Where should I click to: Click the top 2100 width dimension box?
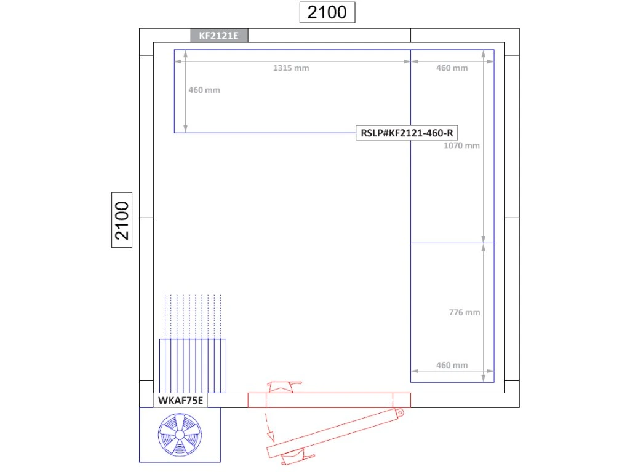coord(327,12)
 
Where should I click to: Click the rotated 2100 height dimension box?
coord(122,220)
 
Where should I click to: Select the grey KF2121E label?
coord(219,36)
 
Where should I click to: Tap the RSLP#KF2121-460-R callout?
coord(407,133)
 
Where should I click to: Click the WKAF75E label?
coord(180,401)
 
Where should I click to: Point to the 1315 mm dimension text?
coord(291,68)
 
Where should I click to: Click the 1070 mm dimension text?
coord(461,145)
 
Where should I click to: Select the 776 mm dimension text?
coord(465,312)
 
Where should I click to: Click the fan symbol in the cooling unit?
coord(180,435)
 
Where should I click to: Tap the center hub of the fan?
coord(180,435)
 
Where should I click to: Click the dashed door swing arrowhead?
coord(271,436)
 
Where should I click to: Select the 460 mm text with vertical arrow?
coord(204,90)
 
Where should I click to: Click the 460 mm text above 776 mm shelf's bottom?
coord(452,365)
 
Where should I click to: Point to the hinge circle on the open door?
coord(400,412)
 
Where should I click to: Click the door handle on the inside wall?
coord(284,387)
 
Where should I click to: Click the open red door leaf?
coord(335,433)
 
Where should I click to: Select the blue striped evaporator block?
coord(193,366)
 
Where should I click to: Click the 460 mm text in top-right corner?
coord(452,68)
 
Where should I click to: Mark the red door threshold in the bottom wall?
coord(329,400)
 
